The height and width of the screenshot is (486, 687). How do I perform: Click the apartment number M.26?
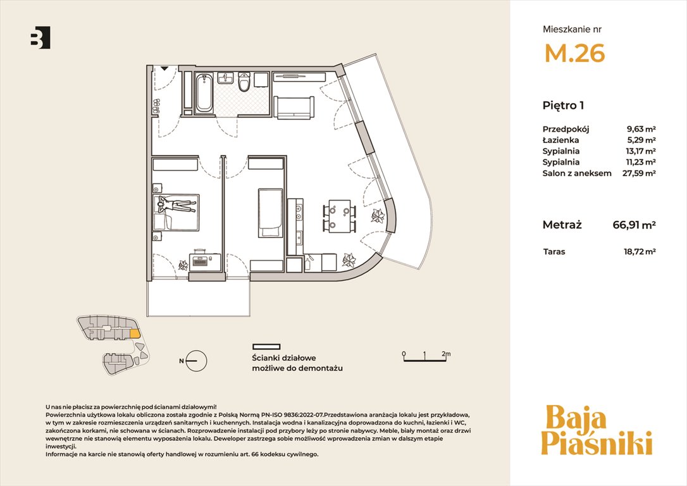tap(574, 53)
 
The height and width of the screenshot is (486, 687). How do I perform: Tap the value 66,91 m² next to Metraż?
tap(634, 225)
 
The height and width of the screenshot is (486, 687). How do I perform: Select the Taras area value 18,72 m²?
tap(640, 252)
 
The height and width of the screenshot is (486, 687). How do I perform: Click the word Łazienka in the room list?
tap(560, 140)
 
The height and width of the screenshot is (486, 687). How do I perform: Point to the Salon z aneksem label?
tap(576, 173)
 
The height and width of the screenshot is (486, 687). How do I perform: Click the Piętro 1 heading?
tap(563, 106)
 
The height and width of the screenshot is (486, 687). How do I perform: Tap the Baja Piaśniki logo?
tap(597, 430)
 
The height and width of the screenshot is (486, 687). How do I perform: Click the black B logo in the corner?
tap(40, 37)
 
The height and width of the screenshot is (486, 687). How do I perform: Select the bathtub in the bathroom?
tap(204, 94)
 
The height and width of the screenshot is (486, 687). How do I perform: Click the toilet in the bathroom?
tap(244, 82)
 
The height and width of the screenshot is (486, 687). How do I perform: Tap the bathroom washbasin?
tap(226, 78)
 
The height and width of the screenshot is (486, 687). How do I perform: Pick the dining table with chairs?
tap(340, 216)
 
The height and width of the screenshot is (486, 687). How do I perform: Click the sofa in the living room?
tap(294, 108)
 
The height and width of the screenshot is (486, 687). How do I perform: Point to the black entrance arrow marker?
tap(164, 68)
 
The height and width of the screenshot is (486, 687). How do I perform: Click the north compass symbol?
tap(195, 361)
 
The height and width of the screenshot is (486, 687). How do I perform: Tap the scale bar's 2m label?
tap(446, 354)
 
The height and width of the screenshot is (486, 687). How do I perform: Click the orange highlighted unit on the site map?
tap(135, 333)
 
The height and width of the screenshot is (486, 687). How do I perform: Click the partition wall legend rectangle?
tap(266, 347)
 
